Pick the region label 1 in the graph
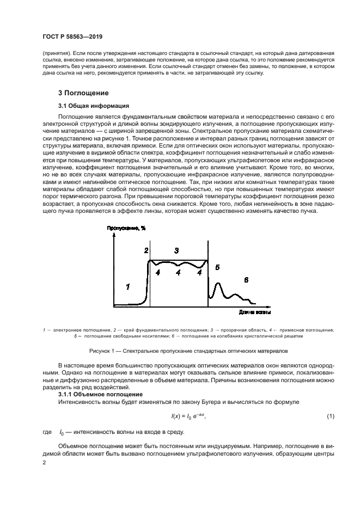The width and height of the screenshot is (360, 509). tap(127, 286)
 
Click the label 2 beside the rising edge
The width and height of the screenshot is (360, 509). tap(146, 250)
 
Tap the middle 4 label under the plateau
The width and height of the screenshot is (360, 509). tap(178, 273)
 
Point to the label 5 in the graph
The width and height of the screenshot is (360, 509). tap(217, 267)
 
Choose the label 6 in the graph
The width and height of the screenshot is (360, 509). tap(246, 280)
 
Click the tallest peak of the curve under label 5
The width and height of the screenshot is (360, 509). tap(218, 283)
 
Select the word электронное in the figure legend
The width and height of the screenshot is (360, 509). tap(69, 330)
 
